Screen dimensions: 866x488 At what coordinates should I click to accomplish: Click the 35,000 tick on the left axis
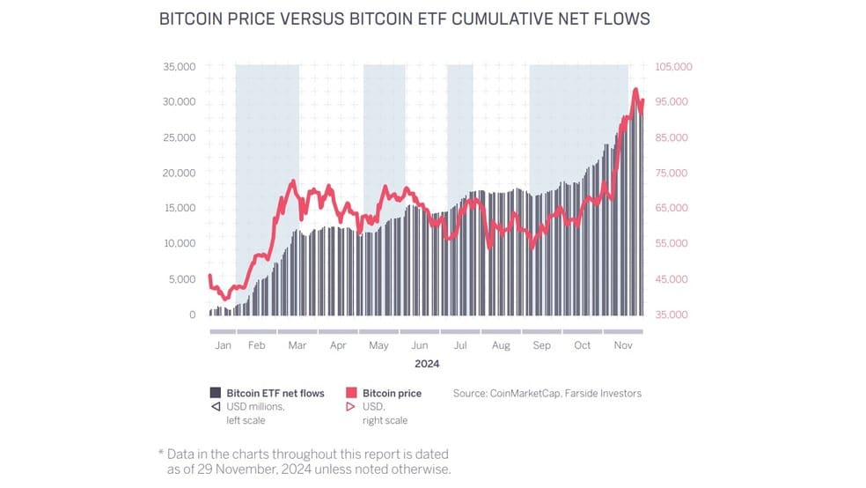tap(179, 67)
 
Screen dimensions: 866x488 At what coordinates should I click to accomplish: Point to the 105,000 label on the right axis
tap(673, 67)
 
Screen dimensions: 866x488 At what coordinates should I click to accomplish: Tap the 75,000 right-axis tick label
tap(671, 173)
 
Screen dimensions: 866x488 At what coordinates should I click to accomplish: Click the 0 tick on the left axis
tap(192, 314)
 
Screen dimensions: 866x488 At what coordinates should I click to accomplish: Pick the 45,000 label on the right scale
tap(671, 279)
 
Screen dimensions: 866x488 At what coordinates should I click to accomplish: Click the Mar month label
tap(297, 345)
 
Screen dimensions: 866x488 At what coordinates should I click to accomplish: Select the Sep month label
tap(542, 345)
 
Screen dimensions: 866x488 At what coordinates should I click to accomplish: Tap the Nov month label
tap(623, 345)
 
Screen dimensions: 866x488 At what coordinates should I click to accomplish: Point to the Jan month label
tap(224, 345)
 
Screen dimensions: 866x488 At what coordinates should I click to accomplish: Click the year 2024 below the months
tap(427, 364)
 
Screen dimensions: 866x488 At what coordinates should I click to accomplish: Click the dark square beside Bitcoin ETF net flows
tap(216, 393)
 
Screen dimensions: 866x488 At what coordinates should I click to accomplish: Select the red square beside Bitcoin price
tap(351, 393)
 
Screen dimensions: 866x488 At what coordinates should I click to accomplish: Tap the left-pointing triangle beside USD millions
tap(216, 407)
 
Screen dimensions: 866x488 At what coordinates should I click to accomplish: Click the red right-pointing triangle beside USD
tap(350, 407)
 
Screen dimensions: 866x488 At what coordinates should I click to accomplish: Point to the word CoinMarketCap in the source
tap(525, 394)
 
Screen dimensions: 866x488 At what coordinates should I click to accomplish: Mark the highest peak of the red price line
tap(635, 89)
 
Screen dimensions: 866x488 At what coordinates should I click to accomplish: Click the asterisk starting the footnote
tap(161, 453)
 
